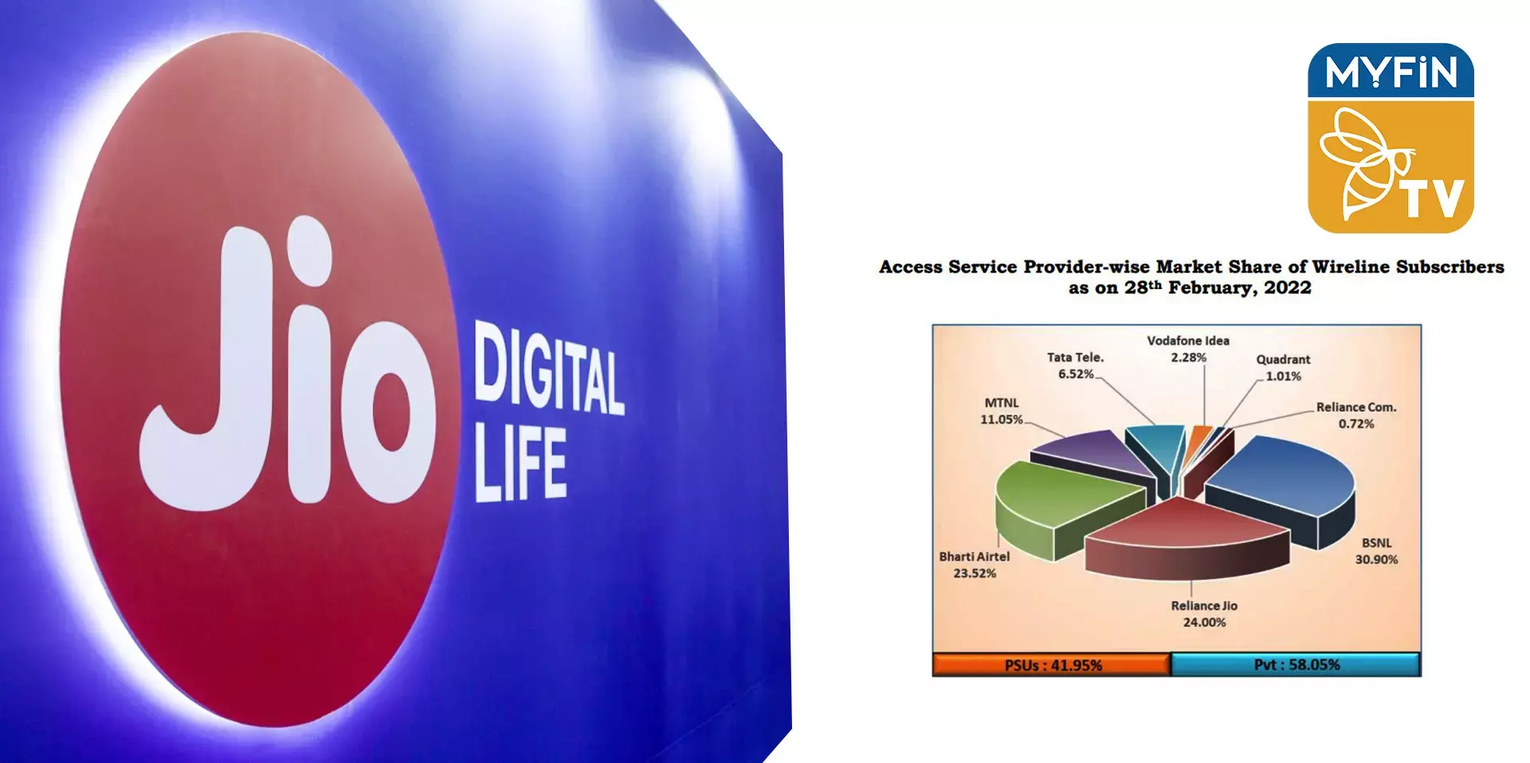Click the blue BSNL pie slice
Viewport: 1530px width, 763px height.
point(1283,486)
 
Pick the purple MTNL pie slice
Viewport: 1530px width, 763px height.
point(1096,454)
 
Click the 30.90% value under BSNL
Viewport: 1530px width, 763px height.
point(1376,560)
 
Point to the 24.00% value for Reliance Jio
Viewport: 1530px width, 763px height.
point(1204,623)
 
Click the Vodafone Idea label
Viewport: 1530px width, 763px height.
point(1188,341)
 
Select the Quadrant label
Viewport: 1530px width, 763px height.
point(1283,359)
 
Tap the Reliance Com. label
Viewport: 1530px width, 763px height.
point(1356,407)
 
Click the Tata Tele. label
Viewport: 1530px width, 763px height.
point(1075,358)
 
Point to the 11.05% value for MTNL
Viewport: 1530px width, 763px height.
point(1001,420)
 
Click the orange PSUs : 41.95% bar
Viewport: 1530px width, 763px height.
point(1052,664)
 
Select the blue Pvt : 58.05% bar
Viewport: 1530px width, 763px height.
point(1296,664)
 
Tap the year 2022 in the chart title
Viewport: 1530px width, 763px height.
point(1288,288)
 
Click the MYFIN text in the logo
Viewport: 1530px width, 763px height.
point(1391,72)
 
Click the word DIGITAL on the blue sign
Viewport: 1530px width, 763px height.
point(548,369)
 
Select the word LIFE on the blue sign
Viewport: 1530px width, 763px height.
point(520,464)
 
